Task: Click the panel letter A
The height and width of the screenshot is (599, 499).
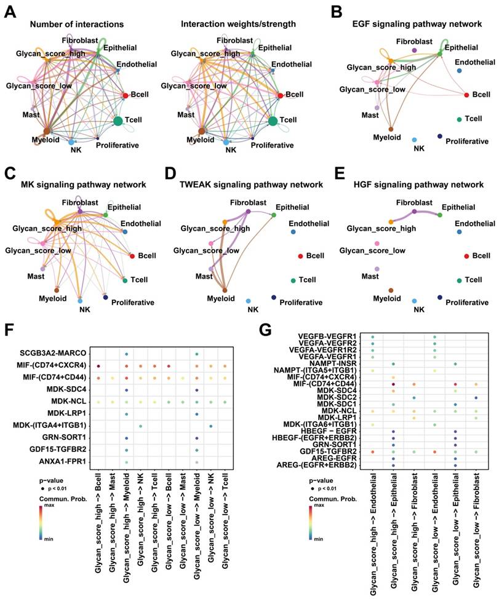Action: click(10, 10)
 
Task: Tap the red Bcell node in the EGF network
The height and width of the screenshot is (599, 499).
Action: click(466, 94)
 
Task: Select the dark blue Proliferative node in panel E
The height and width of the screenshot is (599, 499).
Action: click(439, 298)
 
